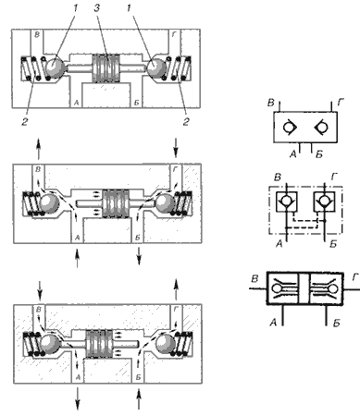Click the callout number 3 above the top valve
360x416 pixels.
coord(96,8)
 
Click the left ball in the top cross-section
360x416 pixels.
coord(55,67)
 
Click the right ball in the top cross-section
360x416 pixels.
coord(156,67)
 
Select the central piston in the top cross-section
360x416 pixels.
coord(106,68)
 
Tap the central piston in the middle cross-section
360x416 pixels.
coord(116,203)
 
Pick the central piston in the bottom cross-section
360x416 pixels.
coord(99,343)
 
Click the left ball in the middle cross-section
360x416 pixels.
coord(49,203)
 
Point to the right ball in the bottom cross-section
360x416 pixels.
coord(166,343)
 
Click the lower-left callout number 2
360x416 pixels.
coord(24,122)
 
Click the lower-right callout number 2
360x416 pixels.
coord(186,122)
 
